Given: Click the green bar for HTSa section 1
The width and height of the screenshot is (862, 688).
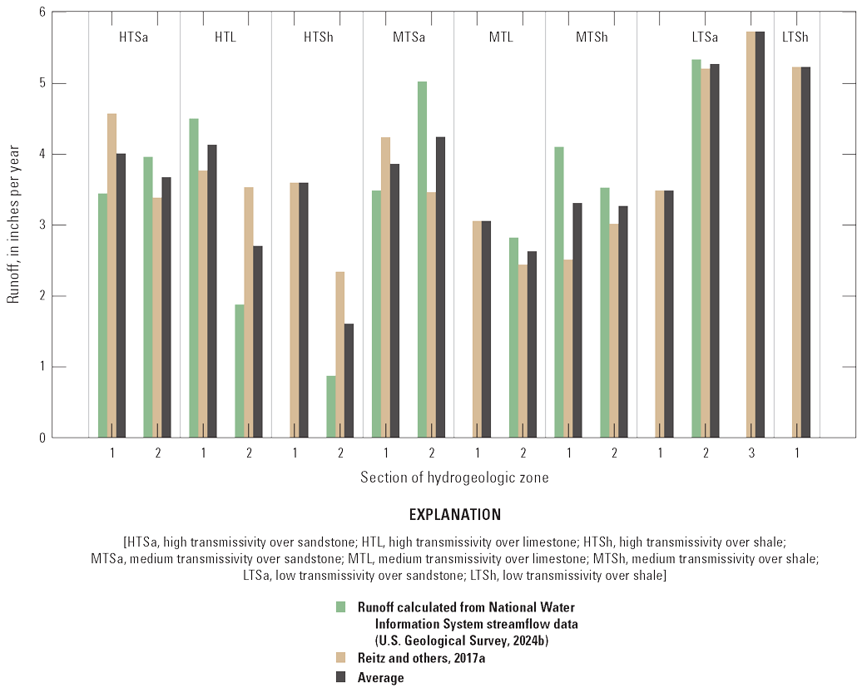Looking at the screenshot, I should pyautogui.click(x=102, y=316).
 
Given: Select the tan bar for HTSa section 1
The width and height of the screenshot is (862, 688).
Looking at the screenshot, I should pyautogui.click(x=111, y=275).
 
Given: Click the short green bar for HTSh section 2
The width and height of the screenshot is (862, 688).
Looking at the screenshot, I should pyautogui.click(x=331, y=407).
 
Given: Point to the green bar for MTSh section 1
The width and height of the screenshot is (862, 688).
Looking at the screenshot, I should pyautogui.click(x=559, y=292).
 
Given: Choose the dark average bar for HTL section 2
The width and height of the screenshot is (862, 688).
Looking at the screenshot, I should pyautogui.click(x=257, y=341).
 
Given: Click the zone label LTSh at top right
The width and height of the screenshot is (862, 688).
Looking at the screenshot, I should pyautogui.click(x=795, y=37).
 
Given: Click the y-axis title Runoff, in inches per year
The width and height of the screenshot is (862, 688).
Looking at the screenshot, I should pyautogui.click(x=13, y=225).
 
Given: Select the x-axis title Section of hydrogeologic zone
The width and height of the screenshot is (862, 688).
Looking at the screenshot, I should pyautogui.click(x=453, y=478).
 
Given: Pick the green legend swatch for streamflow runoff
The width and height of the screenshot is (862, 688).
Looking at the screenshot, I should pyautogui.click(x=340, y=606).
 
